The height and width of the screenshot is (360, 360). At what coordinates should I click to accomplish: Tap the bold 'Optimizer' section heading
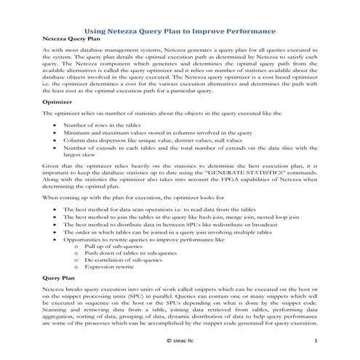[57, 103]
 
